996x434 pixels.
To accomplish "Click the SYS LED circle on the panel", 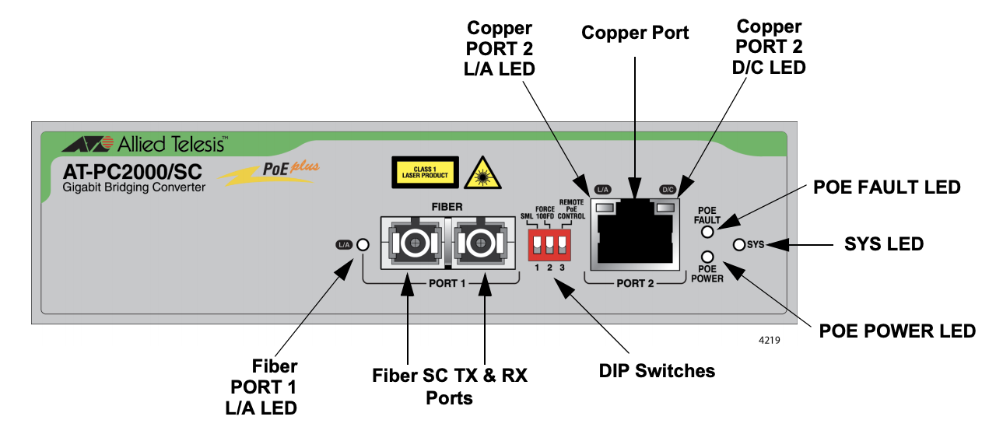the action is coord(738,244).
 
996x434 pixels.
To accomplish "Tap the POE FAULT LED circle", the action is coord(707,232).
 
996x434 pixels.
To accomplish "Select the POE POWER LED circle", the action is coord(707,257).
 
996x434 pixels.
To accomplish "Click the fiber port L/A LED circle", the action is coord(363,244).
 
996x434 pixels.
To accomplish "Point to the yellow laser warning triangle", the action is coord(482,173).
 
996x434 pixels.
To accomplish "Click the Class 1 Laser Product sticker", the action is coord(425,172).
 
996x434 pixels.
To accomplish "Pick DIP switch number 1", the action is coord(537,243).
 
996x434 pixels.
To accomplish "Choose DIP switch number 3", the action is coord(563,243).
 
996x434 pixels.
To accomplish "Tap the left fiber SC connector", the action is coord(415,243).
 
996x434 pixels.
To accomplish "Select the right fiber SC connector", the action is coord(480,243).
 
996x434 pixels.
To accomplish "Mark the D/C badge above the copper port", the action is coord(668,190).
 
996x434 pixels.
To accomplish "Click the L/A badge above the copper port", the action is coord(602,190).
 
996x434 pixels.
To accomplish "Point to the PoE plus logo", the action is coord(269,173).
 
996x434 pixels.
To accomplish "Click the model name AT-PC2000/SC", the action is coord(132,172).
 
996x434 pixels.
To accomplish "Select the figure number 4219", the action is coord(770,341).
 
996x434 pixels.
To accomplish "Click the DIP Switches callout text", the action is coord(657,371).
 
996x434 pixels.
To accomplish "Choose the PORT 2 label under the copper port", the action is coord(635,284).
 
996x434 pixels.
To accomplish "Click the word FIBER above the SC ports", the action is coord(447,207).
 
